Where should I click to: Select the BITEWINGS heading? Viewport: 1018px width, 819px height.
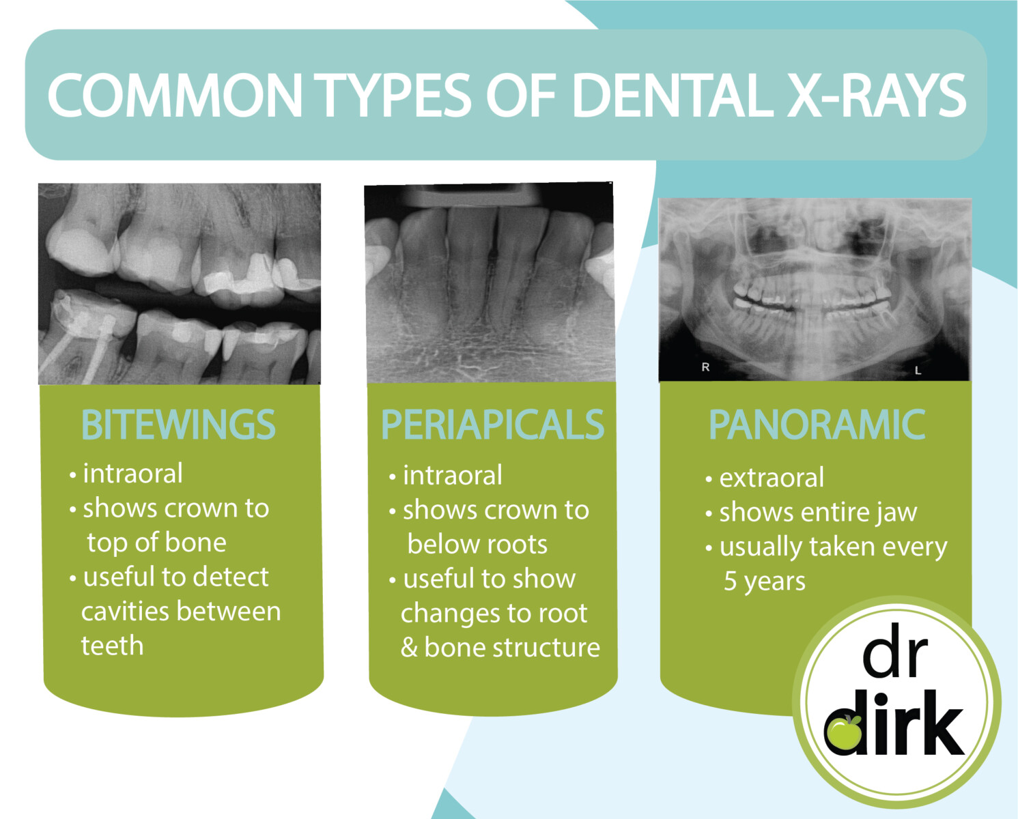click(178, 425)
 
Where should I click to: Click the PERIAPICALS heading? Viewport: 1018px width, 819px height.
click(492, 425)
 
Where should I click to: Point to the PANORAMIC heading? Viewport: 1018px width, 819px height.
click(817, 425)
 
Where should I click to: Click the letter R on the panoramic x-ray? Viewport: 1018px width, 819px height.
click(705, 367)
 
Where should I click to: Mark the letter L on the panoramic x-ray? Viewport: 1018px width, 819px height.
click(918, 371)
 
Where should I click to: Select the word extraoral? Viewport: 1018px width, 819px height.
click(772, 478)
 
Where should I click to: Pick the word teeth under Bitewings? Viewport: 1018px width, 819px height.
click(112, 646)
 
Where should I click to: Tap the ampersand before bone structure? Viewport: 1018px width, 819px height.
click(409, 648)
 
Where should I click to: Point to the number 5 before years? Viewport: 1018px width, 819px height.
click(730, 581)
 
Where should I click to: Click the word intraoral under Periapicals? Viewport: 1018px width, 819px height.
click(453, 476)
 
